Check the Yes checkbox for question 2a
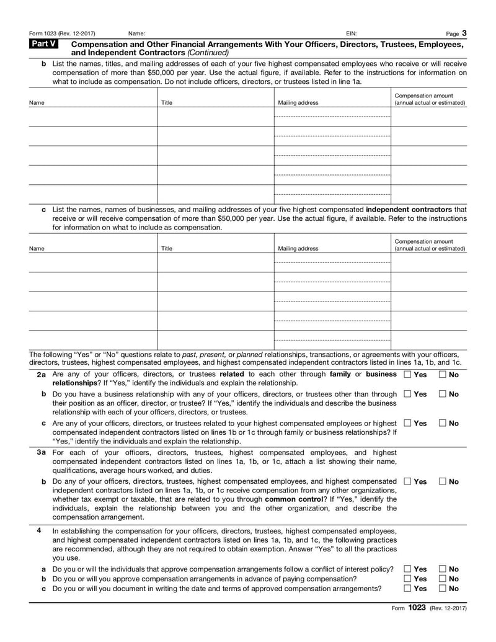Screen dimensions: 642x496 [x=407, y=375]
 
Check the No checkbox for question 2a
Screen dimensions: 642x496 [x=443, y=375]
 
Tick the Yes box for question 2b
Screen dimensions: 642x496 [x=407, y=395]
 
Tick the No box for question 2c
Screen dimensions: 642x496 [x=443, y=424]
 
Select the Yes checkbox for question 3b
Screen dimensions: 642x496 [x=407, y=482]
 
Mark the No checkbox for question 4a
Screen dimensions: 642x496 [x=443, y=569]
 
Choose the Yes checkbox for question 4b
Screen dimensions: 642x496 [x=407, y=579]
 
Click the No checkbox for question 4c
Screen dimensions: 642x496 [x=443, y=589]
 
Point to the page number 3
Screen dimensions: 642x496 [x=464, y=32]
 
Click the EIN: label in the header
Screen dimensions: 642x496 [x=351, y=33]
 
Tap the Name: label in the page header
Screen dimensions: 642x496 [x=136, y=33]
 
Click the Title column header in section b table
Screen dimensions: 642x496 [x=167, y=103]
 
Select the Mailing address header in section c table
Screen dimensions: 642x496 [x=298, y=249]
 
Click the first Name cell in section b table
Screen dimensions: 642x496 [x=93, y=117]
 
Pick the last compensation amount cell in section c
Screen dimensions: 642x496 [x=428, y=340]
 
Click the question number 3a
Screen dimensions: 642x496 [x=41, y=453]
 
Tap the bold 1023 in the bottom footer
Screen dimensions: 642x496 [x=416, y=608]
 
